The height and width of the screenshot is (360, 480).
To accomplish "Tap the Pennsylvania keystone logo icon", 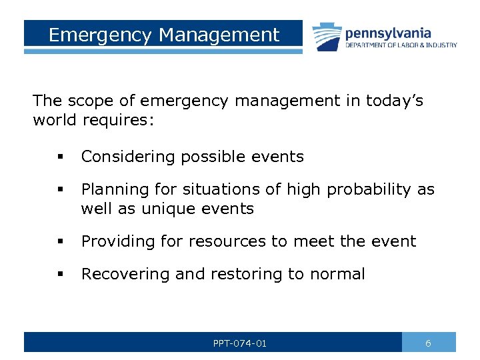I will pos(326,36).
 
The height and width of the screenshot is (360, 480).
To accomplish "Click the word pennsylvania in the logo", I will pos(387,33).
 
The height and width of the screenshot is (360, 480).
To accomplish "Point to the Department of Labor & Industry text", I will pos(401,45).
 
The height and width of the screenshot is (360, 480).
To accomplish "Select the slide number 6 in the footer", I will pos(428,343).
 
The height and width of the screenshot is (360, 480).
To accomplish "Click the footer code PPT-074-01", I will pos(240,343).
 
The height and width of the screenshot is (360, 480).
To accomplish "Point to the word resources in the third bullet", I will pos(223,241).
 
